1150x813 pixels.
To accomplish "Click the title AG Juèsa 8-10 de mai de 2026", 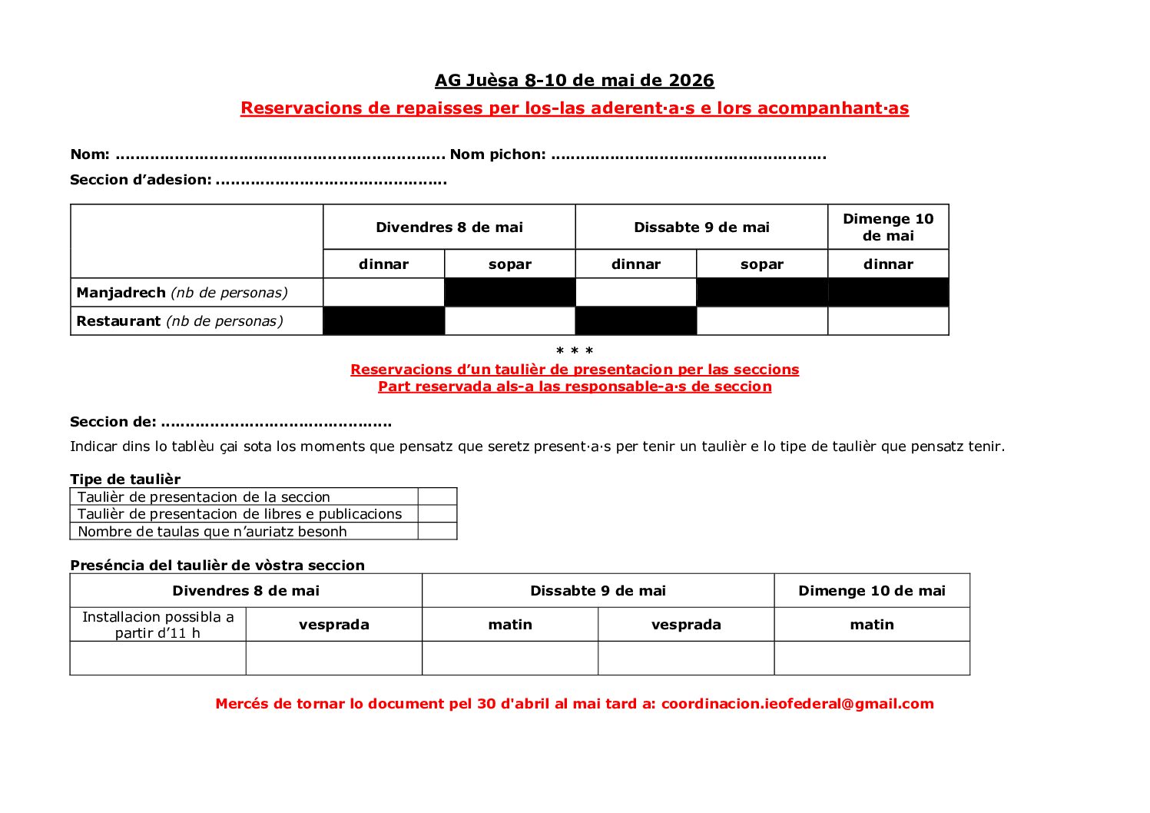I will click(x=574, y=80).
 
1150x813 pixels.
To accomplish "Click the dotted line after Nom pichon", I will click(x=688, y=155).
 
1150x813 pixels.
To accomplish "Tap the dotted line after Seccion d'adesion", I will click(x=331, y=181).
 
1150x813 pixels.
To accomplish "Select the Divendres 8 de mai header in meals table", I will click(x=449, y=227).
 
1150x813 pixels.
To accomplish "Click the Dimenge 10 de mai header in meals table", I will click(x=888, y=227).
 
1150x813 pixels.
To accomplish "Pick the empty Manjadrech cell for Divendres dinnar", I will click(x=384, y=293).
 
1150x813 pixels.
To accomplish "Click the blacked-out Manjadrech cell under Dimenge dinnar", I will click(x=888, y=293).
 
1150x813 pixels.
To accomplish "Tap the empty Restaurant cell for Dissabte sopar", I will click(x=762, y=321).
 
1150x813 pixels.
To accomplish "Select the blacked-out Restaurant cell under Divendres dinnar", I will click(x=384, y=321).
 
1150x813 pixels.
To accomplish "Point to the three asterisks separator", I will click(x=575, y=352).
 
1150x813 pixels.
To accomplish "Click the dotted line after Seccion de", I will click(x=277, y=423).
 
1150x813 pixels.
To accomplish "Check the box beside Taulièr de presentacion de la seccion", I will click(x=437, y=496).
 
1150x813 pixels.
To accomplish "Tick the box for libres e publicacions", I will click(x=437, y=514).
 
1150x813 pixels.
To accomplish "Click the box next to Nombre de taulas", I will click(x=437, y=531).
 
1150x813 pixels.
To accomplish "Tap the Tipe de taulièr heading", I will click(x=125, y=480).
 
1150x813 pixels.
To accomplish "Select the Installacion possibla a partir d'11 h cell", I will click(x=158, y=625).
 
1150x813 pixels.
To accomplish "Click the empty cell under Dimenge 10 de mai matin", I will click(x=872, y=659).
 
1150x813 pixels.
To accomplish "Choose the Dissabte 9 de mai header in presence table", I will click(x=598, y=591).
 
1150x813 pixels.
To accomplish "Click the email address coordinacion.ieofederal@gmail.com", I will click(x=797, y=704).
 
